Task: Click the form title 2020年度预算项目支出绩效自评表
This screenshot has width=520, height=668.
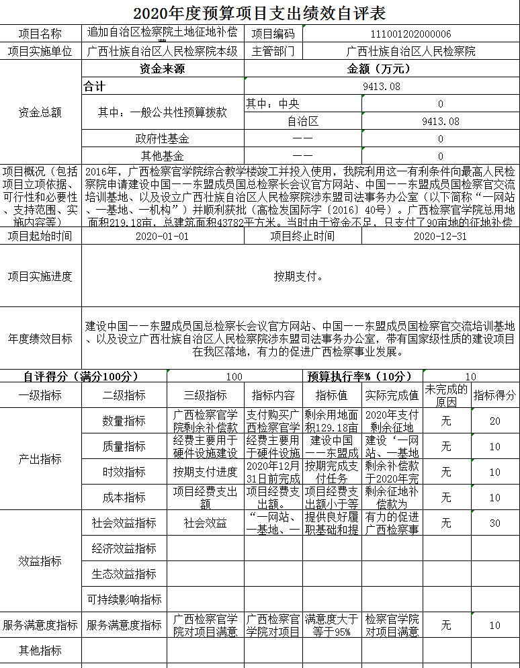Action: click(x=259, y=13)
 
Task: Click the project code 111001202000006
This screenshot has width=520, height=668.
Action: click(x=410, y=34)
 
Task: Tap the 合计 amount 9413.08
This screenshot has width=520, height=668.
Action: click(x=381, y=86)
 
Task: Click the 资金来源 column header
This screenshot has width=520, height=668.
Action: click(x=162, y=69)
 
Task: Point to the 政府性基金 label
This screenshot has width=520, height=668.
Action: click(x=162, y=139)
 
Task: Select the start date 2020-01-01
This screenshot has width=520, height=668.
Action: click(x=162, y=236)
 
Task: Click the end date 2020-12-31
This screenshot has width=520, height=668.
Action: click(x=439, y=236)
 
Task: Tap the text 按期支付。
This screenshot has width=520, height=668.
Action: click(x=300, y=276)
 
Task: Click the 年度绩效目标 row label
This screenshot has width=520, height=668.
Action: click(x=40, y=339)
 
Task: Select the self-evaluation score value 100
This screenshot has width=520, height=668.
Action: click(x=234, y=377)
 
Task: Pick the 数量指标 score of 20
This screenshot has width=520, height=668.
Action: click(x=494, y=421)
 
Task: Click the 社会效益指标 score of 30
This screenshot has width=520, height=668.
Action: click(x=494, y=523)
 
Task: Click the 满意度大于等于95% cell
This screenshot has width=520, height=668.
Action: click(x=332, y=625)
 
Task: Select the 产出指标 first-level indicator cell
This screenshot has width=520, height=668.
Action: click(x=40, y=459)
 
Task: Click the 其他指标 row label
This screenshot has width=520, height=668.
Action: click(x=40, y=651)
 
